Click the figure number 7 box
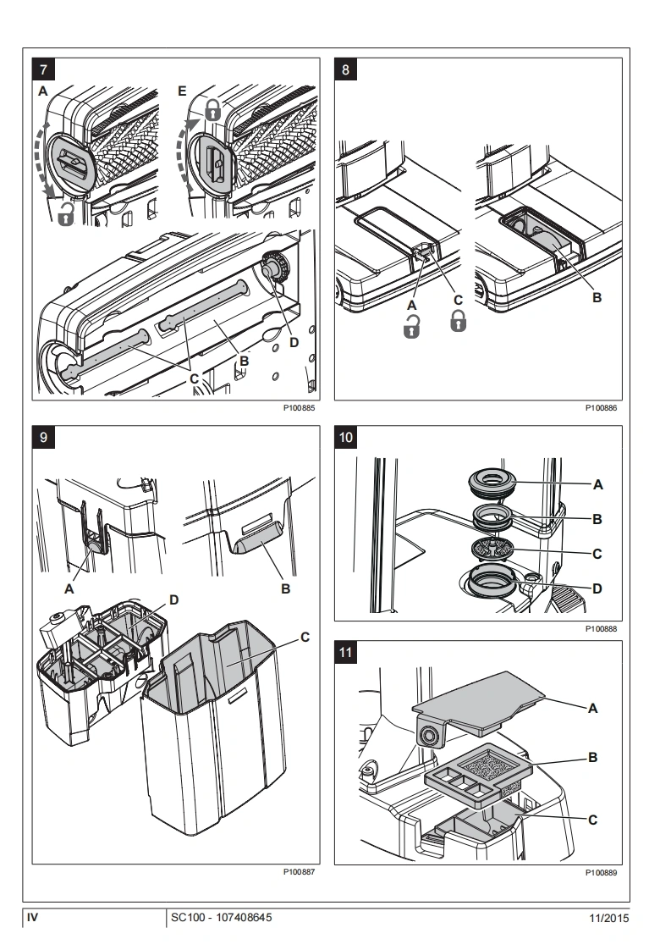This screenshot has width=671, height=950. click(42, 69)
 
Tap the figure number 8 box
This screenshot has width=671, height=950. click(345, 69)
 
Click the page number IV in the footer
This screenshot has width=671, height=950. click(34, 917)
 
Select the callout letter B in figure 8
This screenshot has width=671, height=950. click(597, 299)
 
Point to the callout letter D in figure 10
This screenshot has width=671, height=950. click(598, 587)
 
